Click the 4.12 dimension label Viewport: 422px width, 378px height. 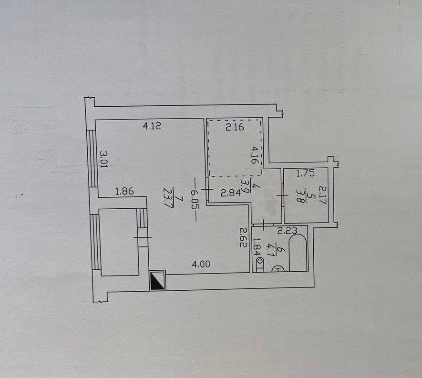tap(152, 126)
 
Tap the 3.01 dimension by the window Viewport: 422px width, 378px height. tap(103, 159)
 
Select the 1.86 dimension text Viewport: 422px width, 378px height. tap(124, 191)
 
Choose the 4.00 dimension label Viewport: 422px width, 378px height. tap(201, 264)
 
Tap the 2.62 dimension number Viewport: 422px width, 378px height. tap(244, 237)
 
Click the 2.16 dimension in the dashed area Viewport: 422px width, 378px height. tap(235, 127)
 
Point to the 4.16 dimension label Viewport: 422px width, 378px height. tap(255, 155)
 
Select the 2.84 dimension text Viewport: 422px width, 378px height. tap(230, 193)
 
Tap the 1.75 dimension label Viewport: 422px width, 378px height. tap(305, 173)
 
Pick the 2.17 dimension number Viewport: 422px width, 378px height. tap(322, 195)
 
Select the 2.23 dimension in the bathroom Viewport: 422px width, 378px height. tap(288, 231)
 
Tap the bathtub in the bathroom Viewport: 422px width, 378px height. tap(298, 253)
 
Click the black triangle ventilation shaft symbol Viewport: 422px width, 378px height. tap(158, 281)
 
